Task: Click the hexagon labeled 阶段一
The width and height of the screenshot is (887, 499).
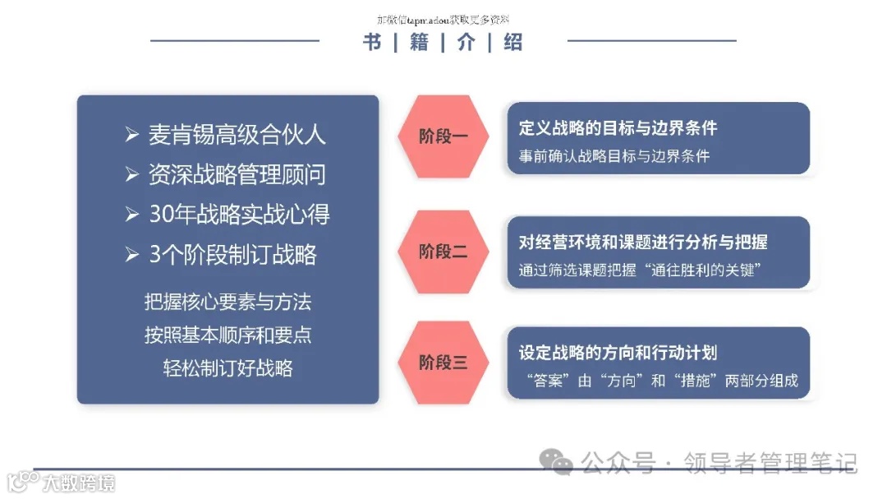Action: pyautogui.click(x=443, y=136)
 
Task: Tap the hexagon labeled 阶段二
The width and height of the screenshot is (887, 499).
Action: pyautogui.click(x=443, y=252)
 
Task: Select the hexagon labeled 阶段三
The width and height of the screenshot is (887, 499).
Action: pyautogui.click(x=443, y=363)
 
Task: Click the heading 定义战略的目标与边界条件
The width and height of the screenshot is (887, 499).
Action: pyautogui.click(x=618, y=128)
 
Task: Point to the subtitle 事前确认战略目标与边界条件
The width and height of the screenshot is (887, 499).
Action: pyautogui.click(x=614, y=155)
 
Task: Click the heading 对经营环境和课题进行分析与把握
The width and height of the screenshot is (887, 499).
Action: pyautogui.click(x=643, y=243)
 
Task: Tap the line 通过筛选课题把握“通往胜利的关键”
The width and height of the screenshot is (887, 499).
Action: pyautogui.click(x=637, y=270)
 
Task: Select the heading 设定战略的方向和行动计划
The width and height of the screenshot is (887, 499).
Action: pyautogui.click(x=618, y=353)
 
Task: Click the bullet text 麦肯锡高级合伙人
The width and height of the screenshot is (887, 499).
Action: pyautogui.click(x=237, y=135)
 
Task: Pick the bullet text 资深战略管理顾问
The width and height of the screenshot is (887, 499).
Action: pyautogui.click(x=237, y=174)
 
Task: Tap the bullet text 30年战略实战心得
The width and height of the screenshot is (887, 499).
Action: pyautogui.click(x=239, y=215)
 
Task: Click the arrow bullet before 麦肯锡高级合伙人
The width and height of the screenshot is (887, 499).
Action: pyautogui.click(x=131, y=135)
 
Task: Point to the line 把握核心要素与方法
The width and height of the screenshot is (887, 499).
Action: pyautogui.click(x=227, y=303)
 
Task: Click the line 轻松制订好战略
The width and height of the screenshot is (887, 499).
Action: pyautogui.click(x=227, y=367)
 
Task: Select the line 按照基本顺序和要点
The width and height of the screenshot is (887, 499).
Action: pyautogui.click(x=227, y=335)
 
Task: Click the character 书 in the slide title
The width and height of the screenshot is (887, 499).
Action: pyautogui.click(x=372, y=43)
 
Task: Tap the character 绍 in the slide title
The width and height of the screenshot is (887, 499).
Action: pyautogui.click(x=513, y=43)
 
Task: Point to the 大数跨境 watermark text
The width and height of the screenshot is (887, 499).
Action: pyautogui.click(x=80, y=483)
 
